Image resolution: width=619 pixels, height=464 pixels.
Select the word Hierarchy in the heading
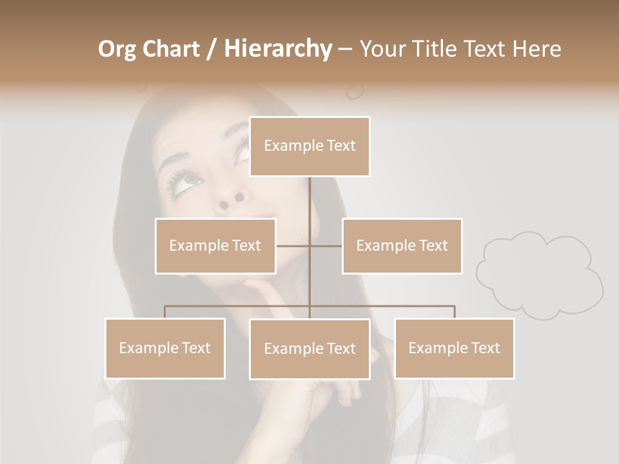[x=278, y=49]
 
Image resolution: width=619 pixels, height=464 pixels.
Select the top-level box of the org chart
[x=309, y=146]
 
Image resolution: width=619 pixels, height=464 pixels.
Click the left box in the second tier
[x=215, y=246]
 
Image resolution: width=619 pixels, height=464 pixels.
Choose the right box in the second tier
[x=402, y=246]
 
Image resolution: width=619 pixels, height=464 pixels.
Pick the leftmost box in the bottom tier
[x=165, y=348]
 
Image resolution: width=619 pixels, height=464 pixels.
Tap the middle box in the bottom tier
[x=309, y=349]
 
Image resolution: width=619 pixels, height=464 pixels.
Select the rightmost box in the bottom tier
[x=454, y=348]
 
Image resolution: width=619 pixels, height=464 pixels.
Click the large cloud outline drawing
[x=540, y=275]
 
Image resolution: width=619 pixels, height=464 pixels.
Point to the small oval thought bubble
[x=355, y=92]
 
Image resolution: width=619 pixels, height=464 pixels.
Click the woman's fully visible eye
[x=186, y=180]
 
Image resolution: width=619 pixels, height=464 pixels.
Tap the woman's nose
[x=231, y=200]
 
